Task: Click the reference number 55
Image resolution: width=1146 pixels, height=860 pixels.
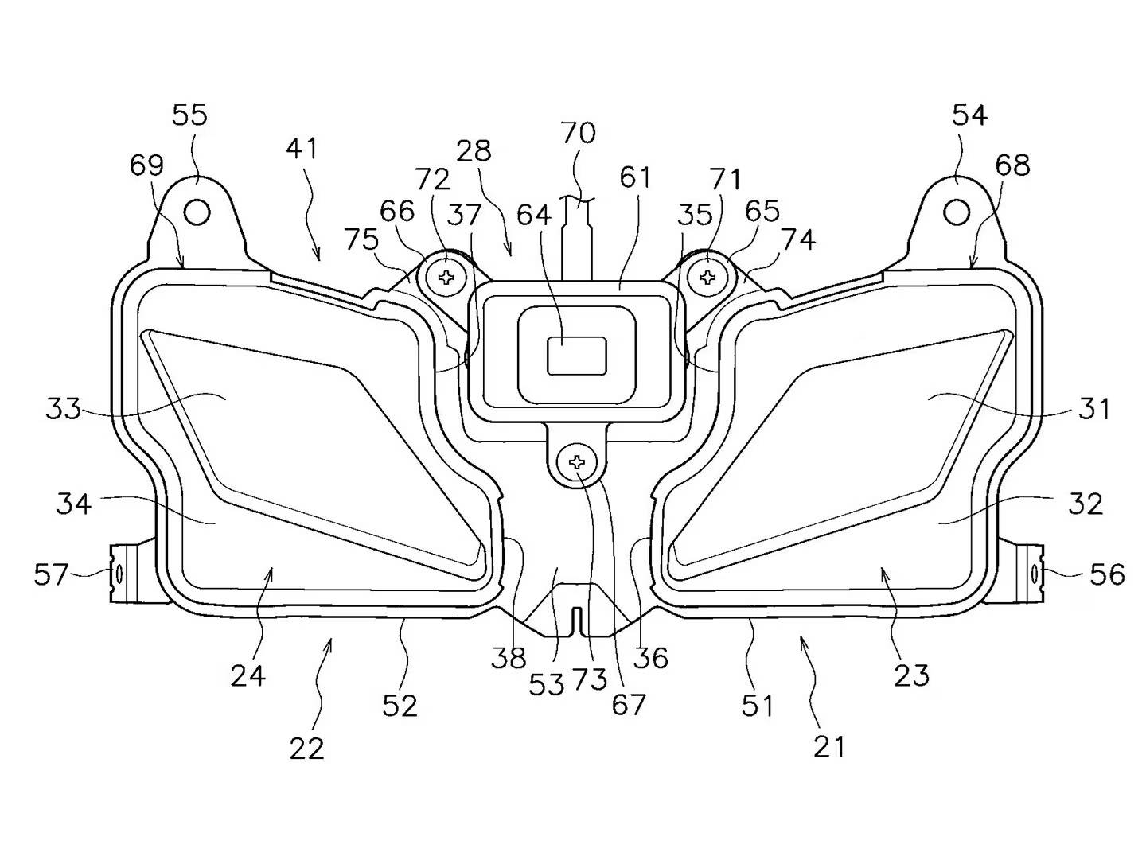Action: click(189, 116)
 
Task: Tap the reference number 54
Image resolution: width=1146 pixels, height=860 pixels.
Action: click(969, 116)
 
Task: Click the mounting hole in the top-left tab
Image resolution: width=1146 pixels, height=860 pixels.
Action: click(197, 212)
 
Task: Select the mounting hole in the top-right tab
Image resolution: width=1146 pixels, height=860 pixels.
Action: click(957, 212)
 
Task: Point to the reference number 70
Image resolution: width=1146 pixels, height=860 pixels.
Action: click(578, 133)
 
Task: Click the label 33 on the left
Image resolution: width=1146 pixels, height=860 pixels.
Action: click(64, 410)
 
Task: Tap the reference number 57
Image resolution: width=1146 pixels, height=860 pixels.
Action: click(52, 574)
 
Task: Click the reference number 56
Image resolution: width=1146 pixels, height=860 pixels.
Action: click(1107, 574)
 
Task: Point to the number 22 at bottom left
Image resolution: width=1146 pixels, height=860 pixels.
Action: click(306, 749)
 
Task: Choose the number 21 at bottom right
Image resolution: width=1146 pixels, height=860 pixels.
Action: click(828, 746)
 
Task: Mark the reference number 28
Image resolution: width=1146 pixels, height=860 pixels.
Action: click(474, 150)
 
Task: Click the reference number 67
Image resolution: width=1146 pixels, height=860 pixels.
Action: click(628, 705)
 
